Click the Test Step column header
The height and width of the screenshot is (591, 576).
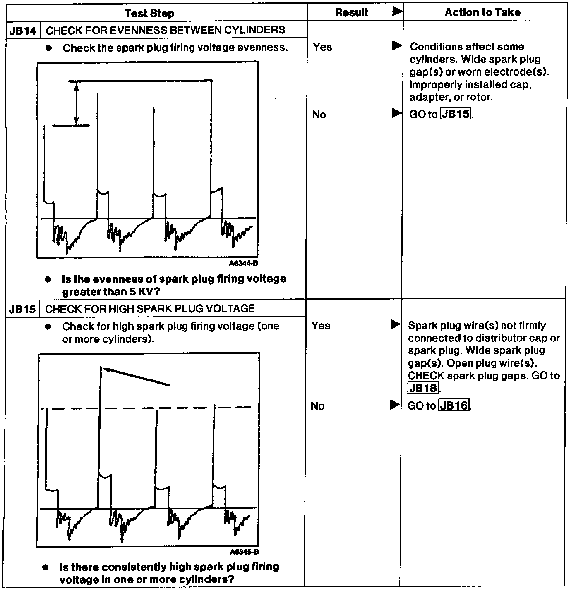point(149,13)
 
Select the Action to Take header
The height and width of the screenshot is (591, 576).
point(482,12)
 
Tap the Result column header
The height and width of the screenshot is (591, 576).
point(351,12)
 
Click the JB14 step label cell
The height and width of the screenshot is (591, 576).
point(23,31)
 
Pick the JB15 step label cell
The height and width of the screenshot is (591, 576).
point(23,309)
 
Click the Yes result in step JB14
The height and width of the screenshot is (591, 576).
point(322,47)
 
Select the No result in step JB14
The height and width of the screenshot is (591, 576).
point(319,114)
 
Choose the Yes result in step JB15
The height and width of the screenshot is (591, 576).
point(321,326)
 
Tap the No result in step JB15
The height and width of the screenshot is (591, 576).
point(317,406)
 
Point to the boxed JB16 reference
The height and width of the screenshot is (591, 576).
point(454,406)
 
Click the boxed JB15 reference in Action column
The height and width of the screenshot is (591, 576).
point(456,114)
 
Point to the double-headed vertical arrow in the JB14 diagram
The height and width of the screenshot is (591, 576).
point(77,103)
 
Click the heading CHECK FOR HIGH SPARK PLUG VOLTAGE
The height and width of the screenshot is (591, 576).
point(150,309)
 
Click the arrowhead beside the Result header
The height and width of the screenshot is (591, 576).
point(397,12)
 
